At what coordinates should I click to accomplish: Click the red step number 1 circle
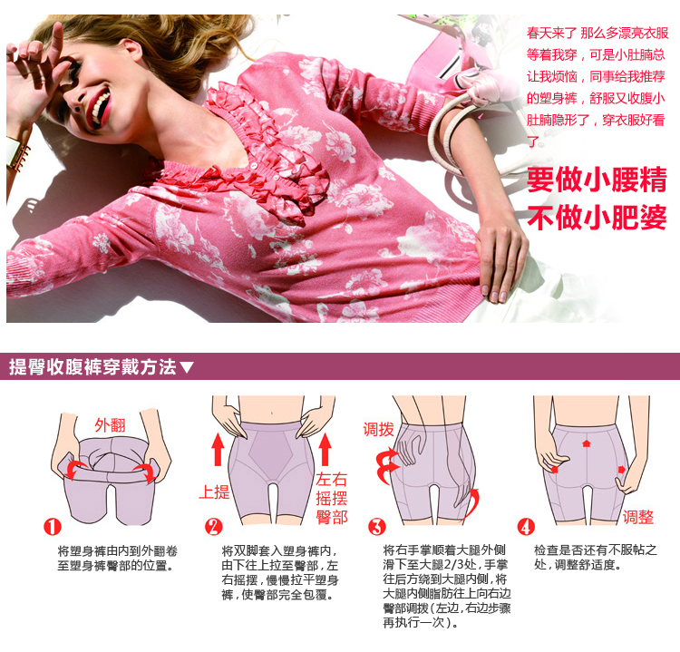click(x=53, y=527)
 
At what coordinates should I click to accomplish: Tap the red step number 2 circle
click(x=213, y=527)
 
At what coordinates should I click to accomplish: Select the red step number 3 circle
click(x=377, y=527)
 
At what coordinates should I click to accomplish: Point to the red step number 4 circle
click(x=526, y=527)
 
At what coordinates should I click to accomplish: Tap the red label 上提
click(x=214, y=492)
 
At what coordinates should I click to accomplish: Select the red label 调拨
click(x=378, y=429)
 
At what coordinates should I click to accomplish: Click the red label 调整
click(x=638, y=518)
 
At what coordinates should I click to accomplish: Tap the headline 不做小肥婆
click(x=597, y=219)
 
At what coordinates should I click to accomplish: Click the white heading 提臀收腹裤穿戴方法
click(x=92, y=367)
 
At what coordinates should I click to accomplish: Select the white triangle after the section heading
click(x=187, y=368)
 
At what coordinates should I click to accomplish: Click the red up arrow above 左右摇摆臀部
click(x=325, y=449)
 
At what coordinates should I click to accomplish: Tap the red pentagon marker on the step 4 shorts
click(x=588, y=445)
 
